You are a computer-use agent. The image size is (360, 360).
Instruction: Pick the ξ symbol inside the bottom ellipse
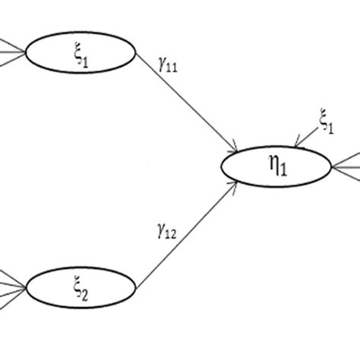tap(77, 287)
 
